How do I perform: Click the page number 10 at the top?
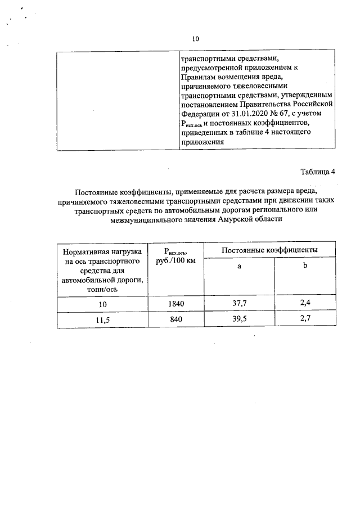point(196,39)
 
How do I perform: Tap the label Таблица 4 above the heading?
point(317,172)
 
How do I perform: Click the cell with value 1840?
point(175,304)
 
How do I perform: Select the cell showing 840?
point(175,320)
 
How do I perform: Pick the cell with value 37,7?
point(239,304)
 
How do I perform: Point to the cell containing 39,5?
point(239,320)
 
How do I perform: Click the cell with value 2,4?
point(305,304)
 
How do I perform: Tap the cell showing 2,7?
point(305,320)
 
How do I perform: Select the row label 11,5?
point(101,320)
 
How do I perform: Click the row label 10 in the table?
point(101,304)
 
